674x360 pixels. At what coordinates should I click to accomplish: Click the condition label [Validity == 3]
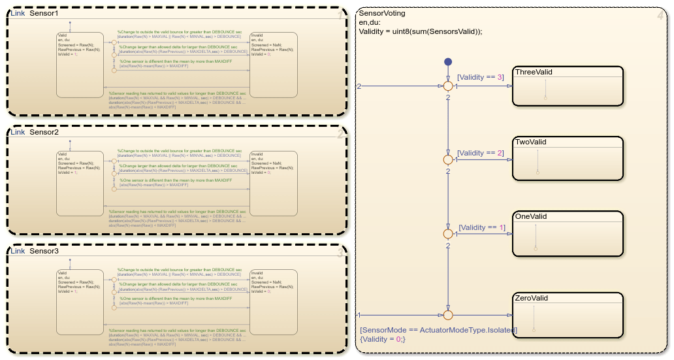[481, 77]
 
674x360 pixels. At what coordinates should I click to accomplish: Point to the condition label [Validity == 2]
[481, 153]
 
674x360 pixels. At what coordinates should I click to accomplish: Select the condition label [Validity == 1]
[482, 227]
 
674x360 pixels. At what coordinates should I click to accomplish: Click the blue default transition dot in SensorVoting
[448, 62]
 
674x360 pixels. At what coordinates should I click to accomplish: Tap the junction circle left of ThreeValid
[448, 86]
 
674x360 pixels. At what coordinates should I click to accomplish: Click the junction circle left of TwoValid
[448, 159]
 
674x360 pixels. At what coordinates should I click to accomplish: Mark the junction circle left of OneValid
[448, 233]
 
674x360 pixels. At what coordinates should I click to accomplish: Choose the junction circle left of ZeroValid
[448, 315]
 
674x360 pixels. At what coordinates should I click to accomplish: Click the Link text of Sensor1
[18, 14]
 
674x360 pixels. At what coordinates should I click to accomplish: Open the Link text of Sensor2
[18, 133]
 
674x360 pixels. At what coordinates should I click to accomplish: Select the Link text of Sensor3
[18, 252]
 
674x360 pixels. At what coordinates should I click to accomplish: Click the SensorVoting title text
[382, 13]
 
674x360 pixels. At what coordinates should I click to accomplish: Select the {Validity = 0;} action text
[383, 339]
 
